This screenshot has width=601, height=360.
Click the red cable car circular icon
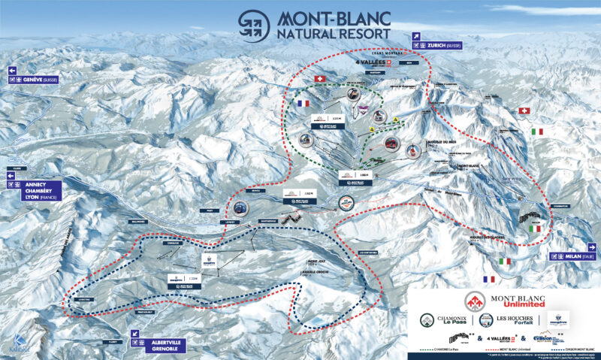(392, 142)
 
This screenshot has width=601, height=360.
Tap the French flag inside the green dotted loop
(304, 104)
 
